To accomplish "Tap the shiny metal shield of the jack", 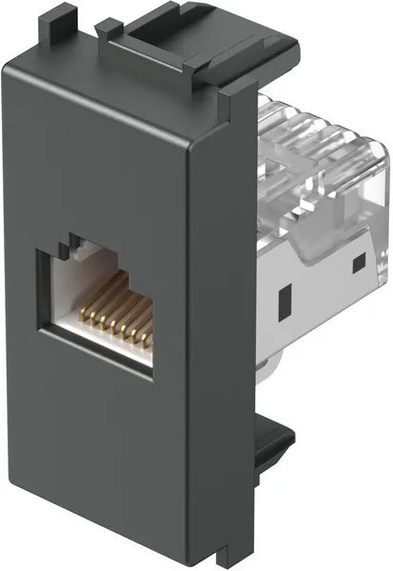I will pos(314,285).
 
